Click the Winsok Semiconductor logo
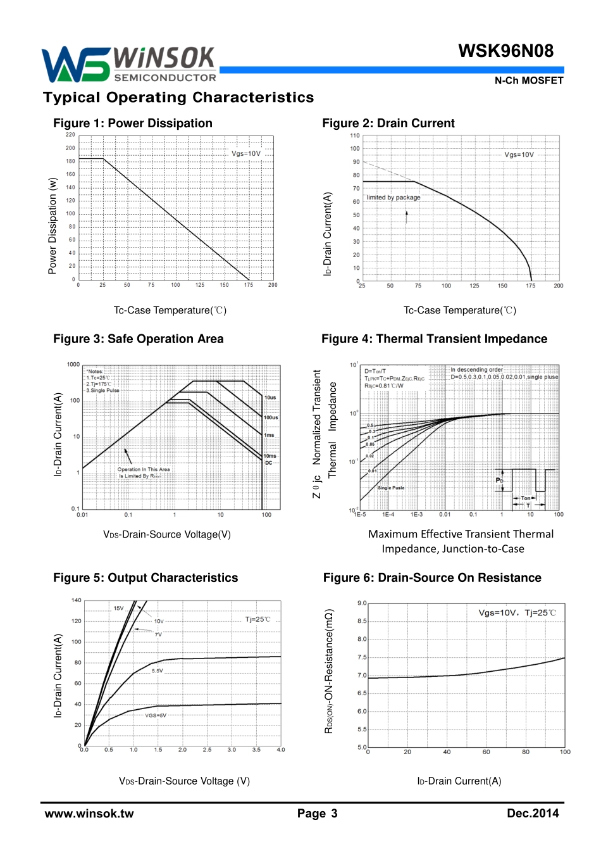(130, 65)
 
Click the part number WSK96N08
(505, 51)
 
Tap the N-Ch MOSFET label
(528, 80)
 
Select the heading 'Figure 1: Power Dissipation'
(133, 123)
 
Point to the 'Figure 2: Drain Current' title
(388, 123)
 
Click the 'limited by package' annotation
(393, 198)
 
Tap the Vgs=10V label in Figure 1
(246, 154)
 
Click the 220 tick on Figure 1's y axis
(70, 135)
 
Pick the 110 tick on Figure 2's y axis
(355, 136)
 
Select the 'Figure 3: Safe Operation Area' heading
(139, 339)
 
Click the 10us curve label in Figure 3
(270, 398)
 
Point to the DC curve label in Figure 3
(269, 463)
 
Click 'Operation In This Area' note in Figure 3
(144, 470)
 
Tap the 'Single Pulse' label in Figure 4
(391, 488)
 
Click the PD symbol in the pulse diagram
(499, 481)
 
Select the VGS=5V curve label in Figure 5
(156, 715)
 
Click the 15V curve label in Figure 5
(119, 608)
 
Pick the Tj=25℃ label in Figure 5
(257, 619)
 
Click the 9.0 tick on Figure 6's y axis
(362, 603)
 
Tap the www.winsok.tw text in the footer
(89, 814)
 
